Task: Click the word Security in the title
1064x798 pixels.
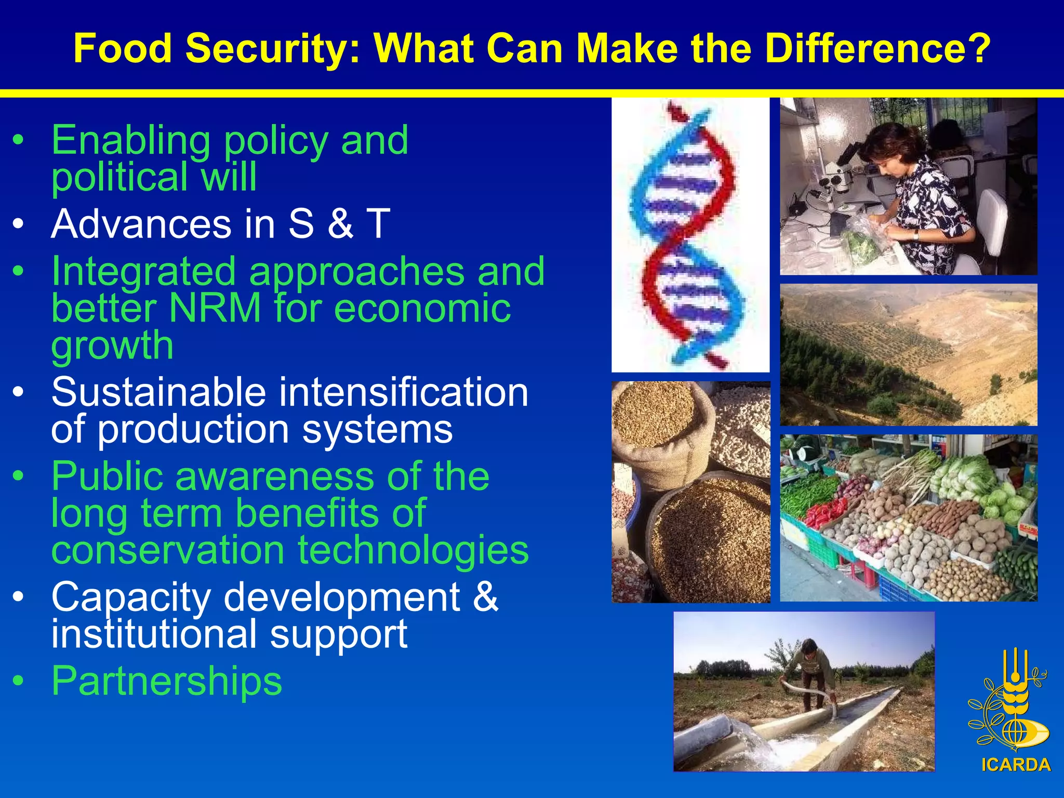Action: tap(273, 48)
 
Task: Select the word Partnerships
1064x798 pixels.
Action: tap(166, 681)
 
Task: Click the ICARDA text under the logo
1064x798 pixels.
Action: tap(1016, 765)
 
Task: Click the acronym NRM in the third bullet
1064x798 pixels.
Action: tap(215, 308)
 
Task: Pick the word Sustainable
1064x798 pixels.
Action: tap(158, 392)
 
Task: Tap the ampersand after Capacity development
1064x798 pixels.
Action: tap(485, 596)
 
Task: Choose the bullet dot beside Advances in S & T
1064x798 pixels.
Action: tap(19, 224)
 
